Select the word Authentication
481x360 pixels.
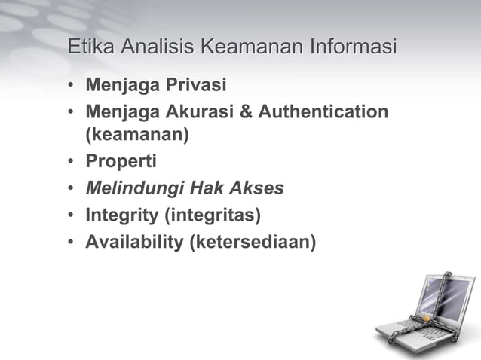click(x=323, y=112)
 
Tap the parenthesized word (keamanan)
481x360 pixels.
click(x=136, y=136)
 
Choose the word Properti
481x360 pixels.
click(x=121, y=162)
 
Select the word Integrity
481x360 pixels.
click(x=121, y=215)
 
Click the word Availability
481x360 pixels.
click(x=131, y=242)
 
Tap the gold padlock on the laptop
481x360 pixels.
click(x=426, y=319)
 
